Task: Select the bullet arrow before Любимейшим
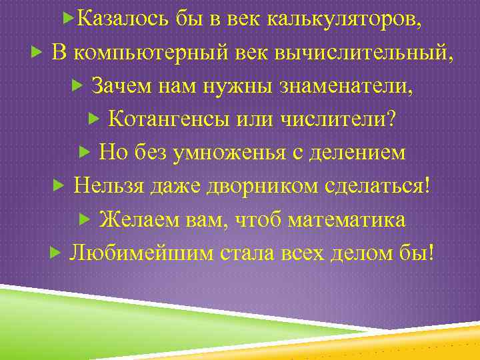(55, 253)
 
